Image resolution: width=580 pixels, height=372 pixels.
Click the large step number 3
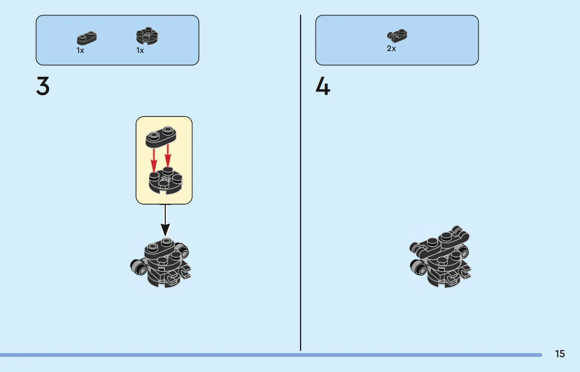pos(43,86)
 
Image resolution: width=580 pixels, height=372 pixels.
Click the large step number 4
pos(323,86)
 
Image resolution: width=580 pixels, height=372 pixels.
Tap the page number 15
pos(560,354)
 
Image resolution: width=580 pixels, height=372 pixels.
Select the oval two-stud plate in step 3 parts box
pos(87,38)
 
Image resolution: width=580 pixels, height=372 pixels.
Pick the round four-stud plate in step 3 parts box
pos(147,36)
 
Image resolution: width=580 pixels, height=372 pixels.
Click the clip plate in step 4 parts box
pos(397,36)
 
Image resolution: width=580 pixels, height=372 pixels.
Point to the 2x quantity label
pos(391,48)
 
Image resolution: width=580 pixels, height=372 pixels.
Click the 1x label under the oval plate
pos(80,50)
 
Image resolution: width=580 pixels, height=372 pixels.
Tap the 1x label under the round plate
pos(140,50)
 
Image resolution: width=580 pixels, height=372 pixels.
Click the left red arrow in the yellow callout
pos(154,160)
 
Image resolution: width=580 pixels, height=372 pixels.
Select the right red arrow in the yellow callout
pos(168,156)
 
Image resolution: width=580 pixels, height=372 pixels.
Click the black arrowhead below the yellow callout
pos(165,230)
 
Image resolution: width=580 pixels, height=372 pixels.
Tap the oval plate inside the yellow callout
pos(161,137)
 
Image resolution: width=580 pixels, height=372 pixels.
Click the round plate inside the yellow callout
pos(165,181)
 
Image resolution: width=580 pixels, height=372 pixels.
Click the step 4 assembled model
pos(440,256)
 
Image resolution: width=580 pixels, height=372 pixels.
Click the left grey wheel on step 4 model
pos(418,267)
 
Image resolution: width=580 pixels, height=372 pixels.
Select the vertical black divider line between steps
pos(300,183)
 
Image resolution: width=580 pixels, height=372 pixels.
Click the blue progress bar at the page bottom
pos(271,355)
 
